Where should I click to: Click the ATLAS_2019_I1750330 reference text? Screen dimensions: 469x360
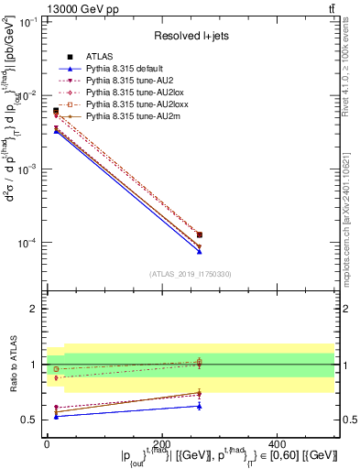190,274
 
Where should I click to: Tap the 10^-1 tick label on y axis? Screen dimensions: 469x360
27,21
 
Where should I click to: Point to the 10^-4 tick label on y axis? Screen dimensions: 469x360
27,243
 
